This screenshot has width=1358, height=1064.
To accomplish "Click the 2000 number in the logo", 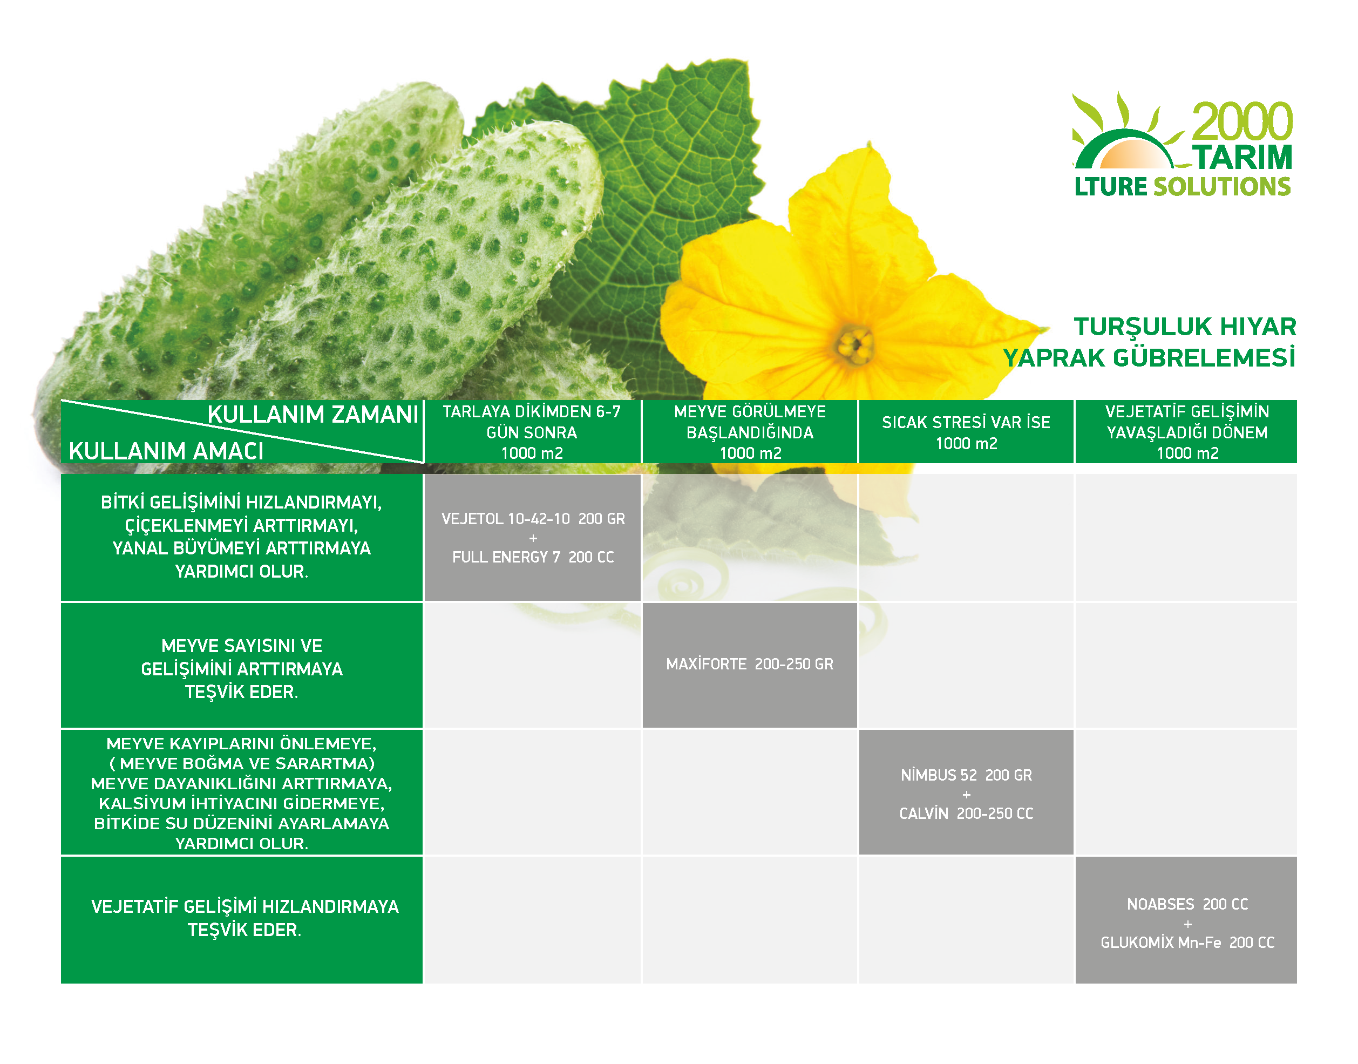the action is [x=1242, y=122].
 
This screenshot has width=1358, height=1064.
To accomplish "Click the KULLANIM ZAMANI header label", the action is [x=313, y=414].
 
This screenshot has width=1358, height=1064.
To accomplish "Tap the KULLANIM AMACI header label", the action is [x=166, y=451].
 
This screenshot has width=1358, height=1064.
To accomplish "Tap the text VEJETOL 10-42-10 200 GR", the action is [x=533, y=519].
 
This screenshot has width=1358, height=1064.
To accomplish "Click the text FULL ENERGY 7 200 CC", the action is [x=533, y=557].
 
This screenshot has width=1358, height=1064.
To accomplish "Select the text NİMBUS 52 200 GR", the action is [x=966, y=775].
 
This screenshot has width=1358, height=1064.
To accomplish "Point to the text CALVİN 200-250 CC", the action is [x=966, y=813].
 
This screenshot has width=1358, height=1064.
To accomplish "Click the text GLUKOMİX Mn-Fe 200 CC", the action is [x=1187, y=943].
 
